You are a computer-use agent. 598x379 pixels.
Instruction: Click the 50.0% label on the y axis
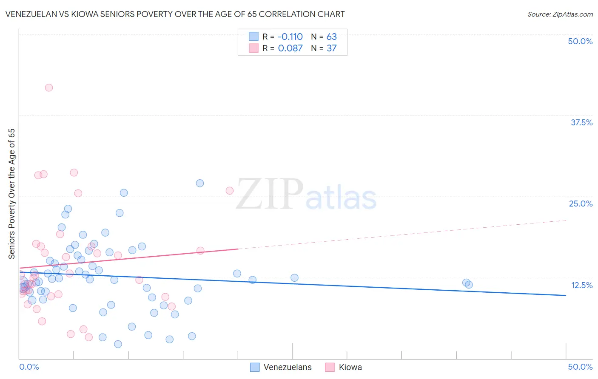pos(580,41)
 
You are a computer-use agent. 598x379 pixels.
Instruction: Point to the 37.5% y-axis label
pos(581,122)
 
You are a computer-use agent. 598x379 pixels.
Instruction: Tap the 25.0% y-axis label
pos(581,204)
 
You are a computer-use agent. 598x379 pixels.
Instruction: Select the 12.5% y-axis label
pos(581,285)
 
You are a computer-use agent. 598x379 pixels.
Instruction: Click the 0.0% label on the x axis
pos(29,367)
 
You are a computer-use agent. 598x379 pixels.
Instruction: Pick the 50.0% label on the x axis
pos(580,367)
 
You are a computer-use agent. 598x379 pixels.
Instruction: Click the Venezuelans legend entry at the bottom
pos(288,367)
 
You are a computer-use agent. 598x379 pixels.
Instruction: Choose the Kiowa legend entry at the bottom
pos(350,367)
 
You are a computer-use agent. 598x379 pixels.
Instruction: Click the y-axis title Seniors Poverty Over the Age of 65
pos(11,194)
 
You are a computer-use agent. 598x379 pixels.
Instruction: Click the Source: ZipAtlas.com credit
pos(560,14)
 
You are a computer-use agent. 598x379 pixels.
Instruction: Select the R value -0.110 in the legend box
pos(290,37)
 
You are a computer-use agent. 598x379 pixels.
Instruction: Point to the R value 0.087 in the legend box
pos(290,48)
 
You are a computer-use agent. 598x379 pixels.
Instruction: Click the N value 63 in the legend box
pos(331,37)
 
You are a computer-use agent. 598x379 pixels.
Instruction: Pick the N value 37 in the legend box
pos(331,48)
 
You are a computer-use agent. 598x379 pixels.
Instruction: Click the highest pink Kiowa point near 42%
pos(49,88)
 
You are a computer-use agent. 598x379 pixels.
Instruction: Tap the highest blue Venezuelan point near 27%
pos(200,183)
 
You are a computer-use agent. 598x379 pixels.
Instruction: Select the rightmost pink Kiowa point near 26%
pos(230,190)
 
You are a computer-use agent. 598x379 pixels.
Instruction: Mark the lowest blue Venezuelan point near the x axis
pos(118,344)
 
